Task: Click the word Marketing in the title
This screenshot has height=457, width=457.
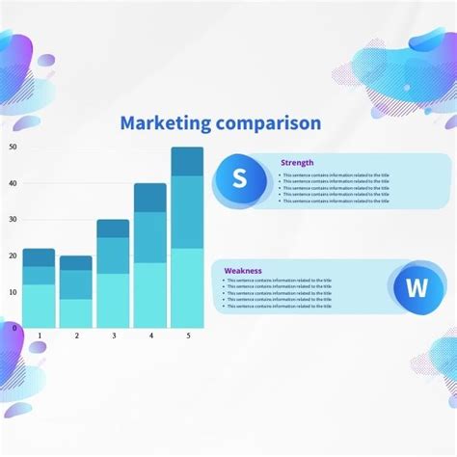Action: [x=165, y=123]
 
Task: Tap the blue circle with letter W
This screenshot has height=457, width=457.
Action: [x=417, y=287]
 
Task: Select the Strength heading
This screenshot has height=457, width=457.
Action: [x=297, y=163]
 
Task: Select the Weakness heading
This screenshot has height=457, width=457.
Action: [x=243, y=271]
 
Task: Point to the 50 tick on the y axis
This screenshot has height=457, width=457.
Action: [x=13, y=147]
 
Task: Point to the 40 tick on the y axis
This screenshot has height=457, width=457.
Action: [x=13, y=183]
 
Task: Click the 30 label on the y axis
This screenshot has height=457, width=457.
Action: [x=13, y=219]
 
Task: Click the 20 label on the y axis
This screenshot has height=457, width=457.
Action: [x=13, y=255]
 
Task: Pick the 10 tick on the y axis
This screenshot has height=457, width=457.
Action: [x=13, y=291]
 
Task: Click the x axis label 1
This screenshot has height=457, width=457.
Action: [x=40, y=336]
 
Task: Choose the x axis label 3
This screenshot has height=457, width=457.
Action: [x=113, y=336]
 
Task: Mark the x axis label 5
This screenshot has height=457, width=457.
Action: [x=188, y=336]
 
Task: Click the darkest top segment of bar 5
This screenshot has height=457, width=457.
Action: [x=187, y=161]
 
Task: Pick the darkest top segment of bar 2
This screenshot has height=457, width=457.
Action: [x=76, y=262]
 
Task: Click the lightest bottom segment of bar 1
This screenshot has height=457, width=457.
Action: [x=39, y=306]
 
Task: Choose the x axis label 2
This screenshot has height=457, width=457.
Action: [x=76, y=336]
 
